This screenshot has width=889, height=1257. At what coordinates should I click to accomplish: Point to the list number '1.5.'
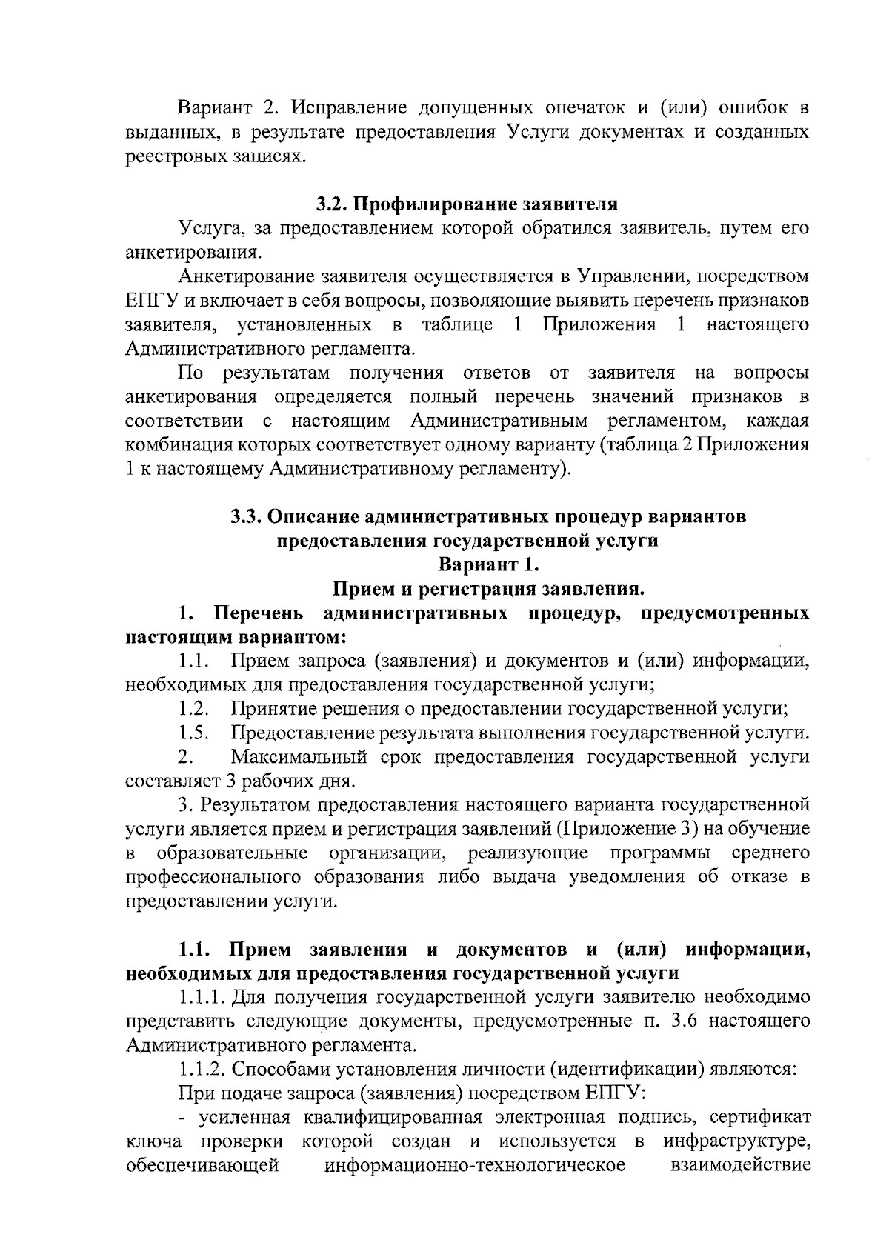pos(194,733)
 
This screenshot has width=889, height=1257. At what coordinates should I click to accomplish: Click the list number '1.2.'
pos(194,709)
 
